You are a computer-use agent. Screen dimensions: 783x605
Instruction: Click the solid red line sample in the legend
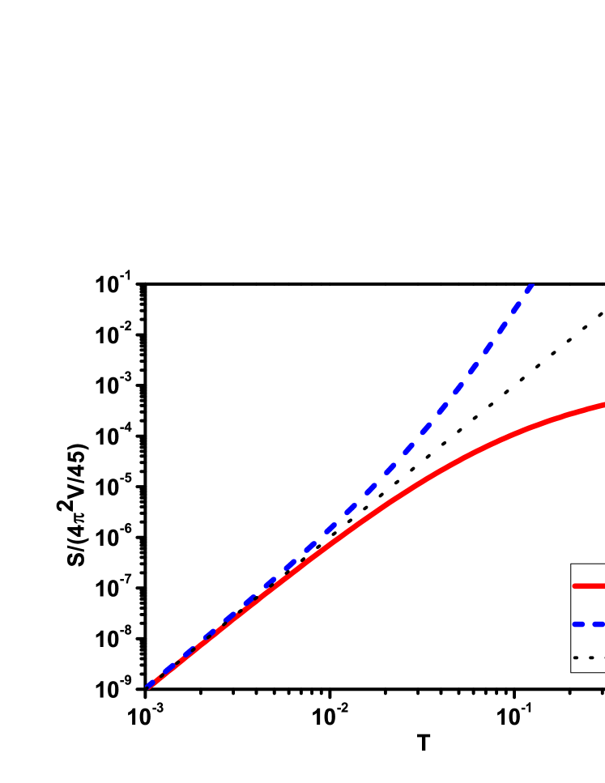pyautogui.click(x=590, y=585)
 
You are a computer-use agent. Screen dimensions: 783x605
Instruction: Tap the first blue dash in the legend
pyautogui.click(x=578, y=623)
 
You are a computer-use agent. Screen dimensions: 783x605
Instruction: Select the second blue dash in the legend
pyautogui.click(x=599, y=623)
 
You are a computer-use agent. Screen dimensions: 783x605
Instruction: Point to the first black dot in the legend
pyautogui.click(x=576, y=657)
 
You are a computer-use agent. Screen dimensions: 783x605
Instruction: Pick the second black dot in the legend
pyautogui.click(x=591, y=657)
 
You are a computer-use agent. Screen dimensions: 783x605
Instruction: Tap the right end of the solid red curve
pyautogui.click(x=603, y=404)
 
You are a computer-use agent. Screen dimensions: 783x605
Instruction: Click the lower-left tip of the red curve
pyautogui.click(x=150, y=687)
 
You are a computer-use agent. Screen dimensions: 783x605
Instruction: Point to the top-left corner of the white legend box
pyautogui.click(x=572, y=565)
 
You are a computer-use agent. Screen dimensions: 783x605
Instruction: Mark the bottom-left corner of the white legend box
pyautogui.click(x=572, y=671)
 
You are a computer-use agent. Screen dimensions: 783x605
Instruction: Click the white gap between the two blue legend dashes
pyautogui.click(x=588, y=623)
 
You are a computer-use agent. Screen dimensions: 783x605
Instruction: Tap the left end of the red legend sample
pyautogui.click(x=575, y=585)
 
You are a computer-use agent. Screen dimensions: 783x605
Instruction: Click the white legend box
pyautogui.click(x=588, y=603)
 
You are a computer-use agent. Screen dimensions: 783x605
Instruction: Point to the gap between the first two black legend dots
pyautogui.click(x=583, y=657)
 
